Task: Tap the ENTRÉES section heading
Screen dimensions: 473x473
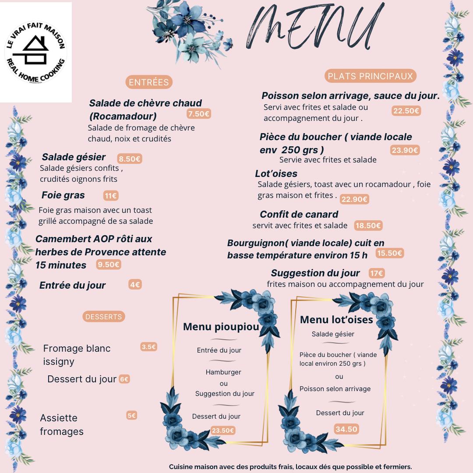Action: (x=148, y=82)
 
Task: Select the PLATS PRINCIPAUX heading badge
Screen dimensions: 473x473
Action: (x=370, y=76)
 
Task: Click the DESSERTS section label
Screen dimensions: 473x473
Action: (x=104, y=316)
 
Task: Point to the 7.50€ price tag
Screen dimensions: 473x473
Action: (x=199, y=114)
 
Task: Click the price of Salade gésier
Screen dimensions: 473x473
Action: (x=130, y=159)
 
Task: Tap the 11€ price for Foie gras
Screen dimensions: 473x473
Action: (x=111, y=196)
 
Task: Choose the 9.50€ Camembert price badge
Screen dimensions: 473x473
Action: (x=109, y=264)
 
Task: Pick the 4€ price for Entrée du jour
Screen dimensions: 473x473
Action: (x=135, y=285)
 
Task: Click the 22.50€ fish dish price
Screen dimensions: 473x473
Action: (x=406, y=111)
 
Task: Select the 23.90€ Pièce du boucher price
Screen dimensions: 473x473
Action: (x=405, y=150)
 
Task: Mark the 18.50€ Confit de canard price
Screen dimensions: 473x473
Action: (x=368, y=226)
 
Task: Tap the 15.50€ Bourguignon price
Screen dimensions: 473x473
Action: (x=389, y=253)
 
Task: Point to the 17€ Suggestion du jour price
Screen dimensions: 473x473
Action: (x=377, y=273)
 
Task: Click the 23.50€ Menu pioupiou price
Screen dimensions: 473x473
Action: (x=223, y=431)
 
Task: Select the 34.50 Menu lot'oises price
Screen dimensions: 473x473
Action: (x=346, y=429)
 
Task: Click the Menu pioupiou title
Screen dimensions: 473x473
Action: (x=221, y=327)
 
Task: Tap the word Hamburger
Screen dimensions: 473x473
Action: (x=223, y=372)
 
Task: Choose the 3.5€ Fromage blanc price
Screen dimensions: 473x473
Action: (x=148, y=346)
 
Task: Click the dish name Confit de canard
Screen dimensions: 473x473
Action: (x=299, y=214)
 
